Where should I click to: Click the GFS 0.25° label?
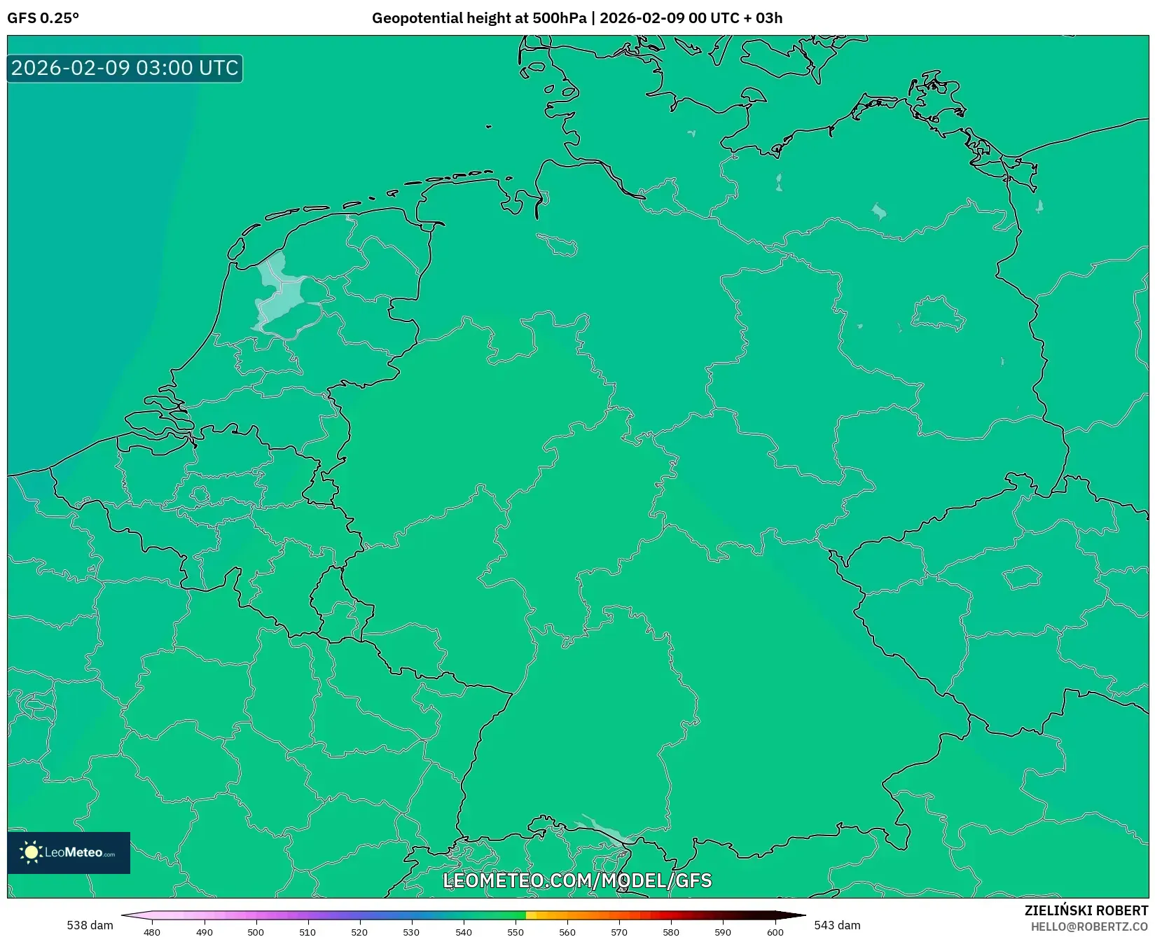point(43,18)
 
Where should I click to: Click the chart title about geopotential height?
point(576,18)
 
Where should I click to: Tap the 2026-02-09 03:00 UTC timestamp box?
point(125,68)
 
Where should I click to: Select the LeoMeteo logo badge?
point(69,852)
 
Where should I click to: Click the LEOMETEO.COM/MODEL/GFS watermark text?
point(577,880)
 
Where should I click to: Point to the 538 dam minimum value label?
point(90,925)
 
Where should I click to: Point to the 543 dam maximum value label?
point(837,925)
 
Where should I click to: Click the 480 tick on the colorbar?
point(152,931)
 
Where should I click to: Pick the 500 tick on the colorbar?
point(256,931)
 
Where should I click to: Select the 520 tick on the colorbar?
point(359,931)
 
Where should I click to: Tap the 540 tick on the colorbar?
point(464,931)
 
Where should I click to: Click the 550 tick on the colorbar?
point(516,931)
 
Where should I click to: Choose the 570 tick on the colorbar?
point(619,931)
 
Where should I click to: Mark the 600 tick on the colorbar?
point(775,931)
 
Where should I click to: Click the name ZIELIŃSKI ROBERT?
point(1086,911)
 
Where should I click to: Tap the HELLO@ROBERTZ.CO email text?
point(1089,926)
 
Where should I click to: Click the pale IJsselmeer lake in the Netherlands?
point(280,294)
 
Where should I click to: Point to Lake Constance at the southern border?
point(607,831)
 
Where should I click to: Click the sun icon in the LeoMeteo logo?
point(31,852)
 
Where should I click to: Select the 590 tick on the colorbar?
point(723,931)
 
